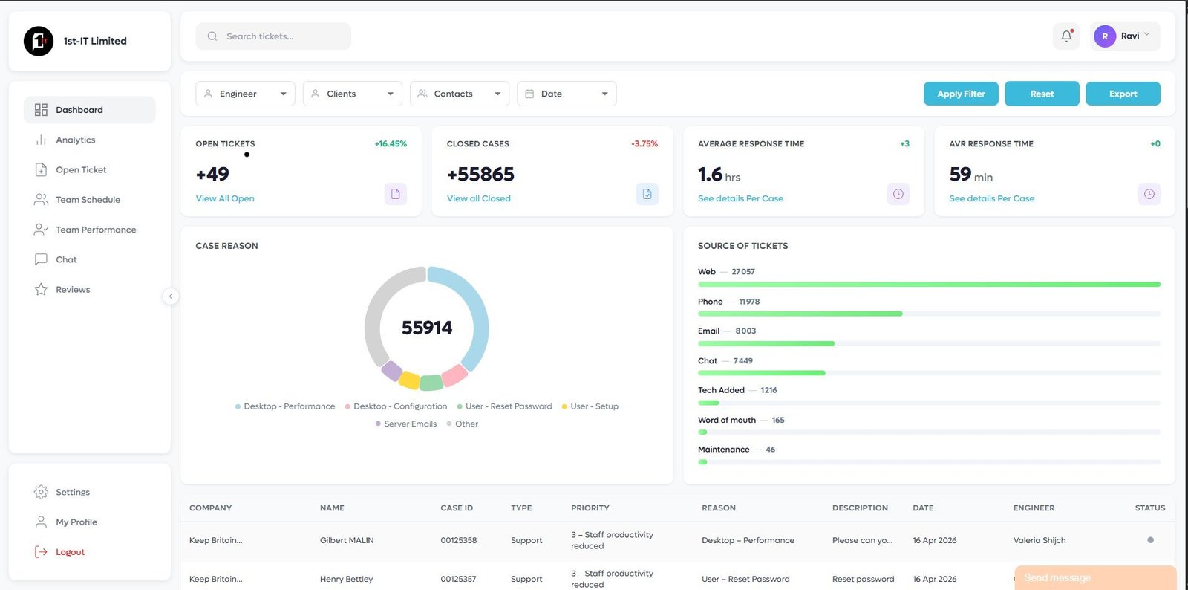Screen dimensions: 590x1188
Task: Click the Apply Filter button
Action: [x=961, y=94]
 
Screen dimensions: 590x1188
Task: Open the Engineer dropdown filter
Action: [x=245, y=94]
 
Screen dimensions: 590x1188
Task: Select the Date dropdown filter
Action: [x=567, y=94]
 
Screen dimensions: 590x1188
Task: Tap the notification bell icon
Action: [x=1066, y=36]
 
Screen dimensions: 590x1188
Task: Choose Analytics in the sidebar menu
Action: [x=76, y=140]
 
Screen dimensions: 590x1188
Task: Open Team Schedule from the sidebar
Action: [x=88, y=200]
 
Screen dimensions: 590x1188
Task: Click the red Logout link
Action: [x=70, y=552]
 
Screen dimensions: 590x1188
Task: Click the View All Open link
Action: [x=225, y=198]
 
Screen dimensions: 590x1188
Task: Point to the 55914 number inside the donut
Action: [x=427, y=328]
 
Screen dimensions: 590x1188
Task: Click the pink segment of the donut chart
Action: [x=454, y=375]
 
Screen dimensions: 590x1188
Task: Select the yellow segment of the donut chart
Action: [x=409, y=380]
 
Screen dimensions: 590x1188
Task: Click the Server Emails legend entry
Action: [x=410, y=424]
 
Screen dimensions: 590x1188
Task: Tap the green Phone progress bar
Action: [x=800, y=314]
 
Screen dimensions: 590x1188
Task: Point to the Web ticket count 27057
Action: [x=742, y=272]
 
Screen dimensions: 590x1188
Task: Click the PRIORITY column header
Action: [x=590, y=508]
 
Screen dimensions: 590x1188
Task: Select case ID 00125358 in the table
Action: [x=459, y=540]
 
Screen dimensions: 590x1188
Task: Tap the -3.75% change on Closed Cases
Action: [x=644, y=144]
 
